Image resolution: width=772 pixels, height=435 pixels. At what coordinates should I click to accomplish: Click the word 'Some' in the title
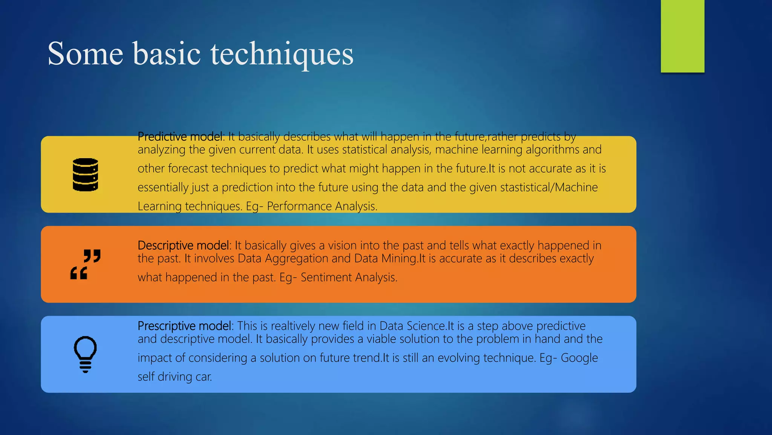[x=86, y=54]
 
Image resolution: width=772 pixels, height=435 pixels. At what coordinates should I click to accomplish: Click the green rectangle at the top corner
[x=682, y=36]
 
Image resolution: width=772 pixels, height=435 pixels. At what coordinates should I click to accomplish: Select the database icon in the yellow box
[x=86, y=174]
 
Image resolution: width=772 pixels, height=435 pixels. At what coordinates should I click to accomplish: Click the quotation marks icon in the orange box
[x=86, y=264]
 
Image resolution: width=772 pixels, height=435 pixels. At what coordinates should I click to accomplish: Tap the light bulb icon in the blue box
[x=86, y=354]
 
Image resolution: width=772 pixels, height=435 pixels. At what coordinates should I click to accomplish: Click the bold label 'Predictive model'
[x=180, y=136]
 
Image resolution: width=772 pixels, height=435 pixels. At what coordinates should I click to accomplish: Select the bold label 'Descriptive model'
[x=183, y=245]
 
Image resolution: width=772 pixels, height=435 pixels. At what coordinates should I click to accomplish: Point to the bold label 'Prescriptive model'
[x=185, y=326]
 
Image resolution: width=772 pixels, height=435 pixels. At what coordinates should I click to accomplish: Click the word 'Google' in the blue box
[x=579, y=358]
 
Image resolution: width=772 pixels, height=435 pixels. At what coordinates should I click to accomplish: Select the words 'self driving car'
[x=174, y=376]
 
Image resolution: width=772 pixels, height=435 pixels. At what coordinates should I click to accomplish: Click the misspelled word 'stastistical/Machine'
[x=549, y=187]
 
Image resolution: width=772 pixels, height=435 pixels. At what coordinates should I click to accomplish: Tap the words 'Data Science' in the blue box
[x=412, y=326]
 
